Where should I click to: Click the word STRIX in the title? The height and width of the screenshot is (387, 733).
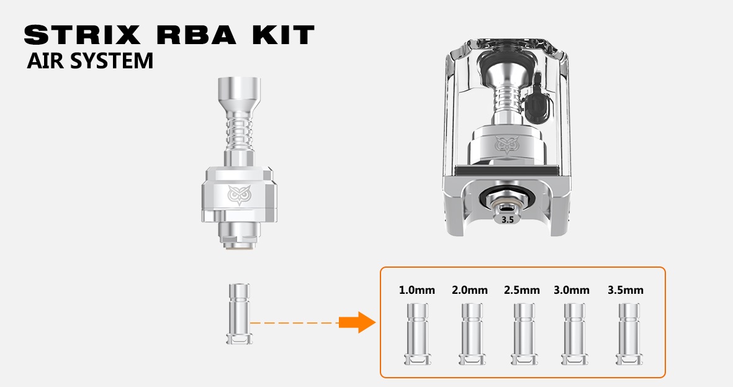pyautogui.click(x=82, y=35)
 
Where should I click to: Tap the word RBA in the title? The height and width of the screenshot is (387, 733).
pyautogui.click(x=197, y=35)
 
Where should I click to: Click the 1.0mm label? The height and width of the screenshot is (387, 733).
pyautogui.click(x=416, y=290)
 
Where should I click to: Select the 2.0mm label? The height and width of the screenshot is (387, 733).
pyautogui.click(x=469, y=290)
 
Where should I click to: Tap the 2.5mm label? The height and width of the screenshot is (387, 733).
pyautogui.click(x=522, y=290)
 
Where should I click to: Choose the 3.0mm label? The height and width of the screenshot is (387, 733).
pyautogui.click(x=572, y=290)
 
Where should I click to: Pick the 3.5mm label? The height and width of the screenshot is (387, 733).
pyautogui.click(x=626, y=290)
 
